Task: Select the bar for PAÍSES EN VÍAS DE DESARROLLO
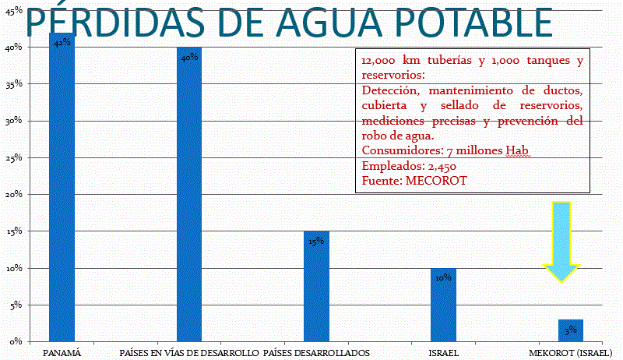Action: pyautogui.click(x=189, y=195)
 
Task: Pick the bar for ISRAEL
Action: pyautogui.click(x=443, y=305)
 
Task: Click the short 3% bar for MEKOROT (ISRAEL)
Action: pyautogui.click(x=571, y=330)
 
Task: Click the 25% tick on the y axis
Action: pyautogui.click(x=15, y=158)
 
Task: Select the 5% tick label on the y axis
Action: pyautogui.click(x=16, y=305)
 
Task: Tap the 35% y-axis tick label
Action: pyautogui.click(x=15, y=84)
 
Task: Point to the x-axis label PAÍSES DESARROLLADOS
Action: pyautogui.click(x=316, y=353)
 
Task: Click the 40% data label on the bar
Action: pyautogui.click(x=189, y=57)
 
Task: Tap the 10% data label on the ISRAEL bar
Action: pyautogui.click(x=443, y=277)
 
